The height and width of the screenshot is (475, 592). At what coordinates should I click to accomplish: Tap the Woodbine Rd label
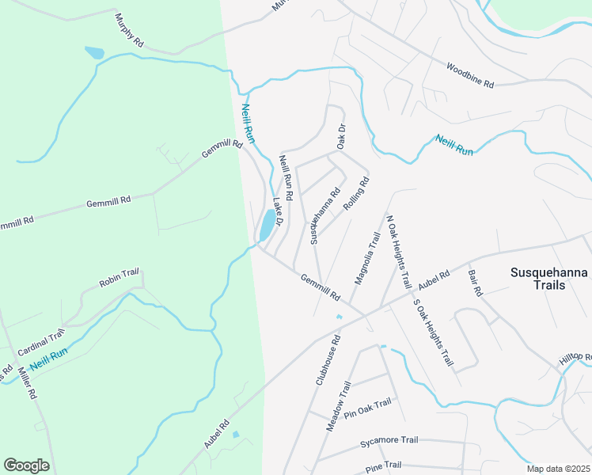(470, 75)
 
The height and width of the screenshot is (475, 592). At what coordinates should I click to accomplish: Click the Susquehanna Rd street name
(325, 215)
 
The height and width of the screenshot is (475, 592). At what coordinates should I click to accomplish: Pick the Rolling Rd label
(357, 193)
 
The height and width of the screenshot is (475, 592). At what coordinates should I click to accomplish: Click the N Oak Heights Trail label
(398, 251)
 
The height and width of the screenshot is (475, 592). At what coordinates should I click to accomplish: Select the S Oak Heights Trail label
(432, 332)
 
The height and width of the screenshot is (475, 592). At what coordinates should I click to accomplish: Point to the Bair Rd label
(475, 281)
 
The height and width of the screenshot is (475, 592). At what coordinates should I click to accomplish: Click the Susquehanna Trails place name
(549, 279)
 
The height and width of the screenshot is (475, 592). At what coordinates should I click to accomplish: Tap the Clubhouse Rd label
(328, 359)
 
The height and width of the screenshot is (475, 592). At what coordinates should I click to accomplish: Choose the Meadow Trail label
(338, 406)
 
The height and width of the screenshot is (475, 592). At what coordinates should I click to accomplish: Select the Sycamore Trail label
(389, 440)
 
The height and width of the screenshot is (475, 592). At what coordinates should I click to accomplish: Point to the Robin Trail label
(119, 277)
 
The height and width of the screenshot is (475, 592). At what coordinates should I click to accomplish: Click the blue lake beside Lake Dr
(267, 226)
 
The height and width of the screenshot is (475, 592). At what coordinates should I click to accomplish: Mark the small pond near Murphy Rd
(94, 53)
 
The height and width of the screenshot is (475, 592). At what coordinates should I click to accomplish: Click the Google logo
(26, 465)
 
